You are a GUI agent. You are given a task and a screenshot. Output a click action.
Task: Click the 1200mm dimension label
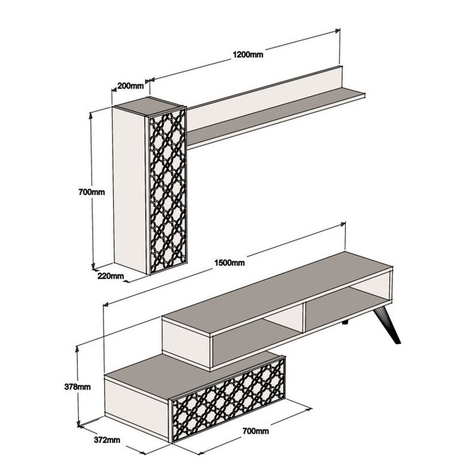coord(248,55)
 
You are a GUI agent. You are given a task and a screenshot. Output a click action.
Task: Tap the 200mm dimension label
coord(131,86)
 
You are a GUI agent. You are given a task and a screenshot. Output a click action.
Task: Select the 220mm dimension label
coord(111,276)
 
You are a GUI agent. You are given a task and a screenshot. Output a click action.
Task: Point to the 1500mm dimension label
coord(229,263)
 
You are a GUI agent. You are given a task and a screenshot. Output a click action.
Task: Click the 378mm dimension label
coord(77,387)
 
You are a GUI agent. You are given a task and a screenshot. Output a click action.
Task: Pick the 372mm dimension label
coord(107,440)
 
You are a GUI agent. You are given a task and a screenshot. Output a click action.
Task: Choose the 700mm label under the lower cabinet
coord(256,431)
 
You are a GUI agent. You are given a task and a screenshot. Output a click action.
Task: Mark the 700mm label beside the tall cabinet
coord(92,192)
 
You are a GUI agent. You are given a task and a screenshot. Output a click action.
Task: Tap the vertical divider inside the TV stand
coord(304,318)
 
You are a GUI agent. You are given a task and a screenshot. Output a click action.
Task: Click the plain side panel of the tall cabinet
coord(129,190)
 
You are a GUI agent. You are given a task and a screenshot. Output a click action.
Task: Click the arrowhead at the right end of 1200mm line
coord(337,31)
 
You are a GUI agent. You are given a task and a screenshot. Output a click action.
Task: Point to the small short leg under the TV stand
coord(345,323)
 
